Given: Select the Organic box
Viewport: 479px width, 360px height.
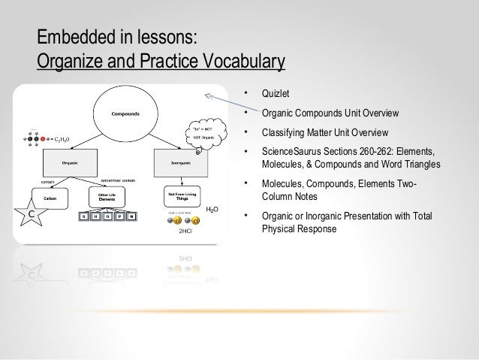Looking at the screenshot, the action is click(x=70, y=160).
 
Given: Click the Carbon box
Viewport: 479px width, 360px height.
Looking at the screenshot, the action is click(x=50, y=198).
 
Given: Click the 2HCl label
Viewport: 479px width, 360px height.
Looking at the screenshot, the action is click(x=185, y=232).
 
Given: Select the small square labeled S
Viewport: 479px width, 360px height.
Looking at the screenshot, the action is click(x=83, y=216).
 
